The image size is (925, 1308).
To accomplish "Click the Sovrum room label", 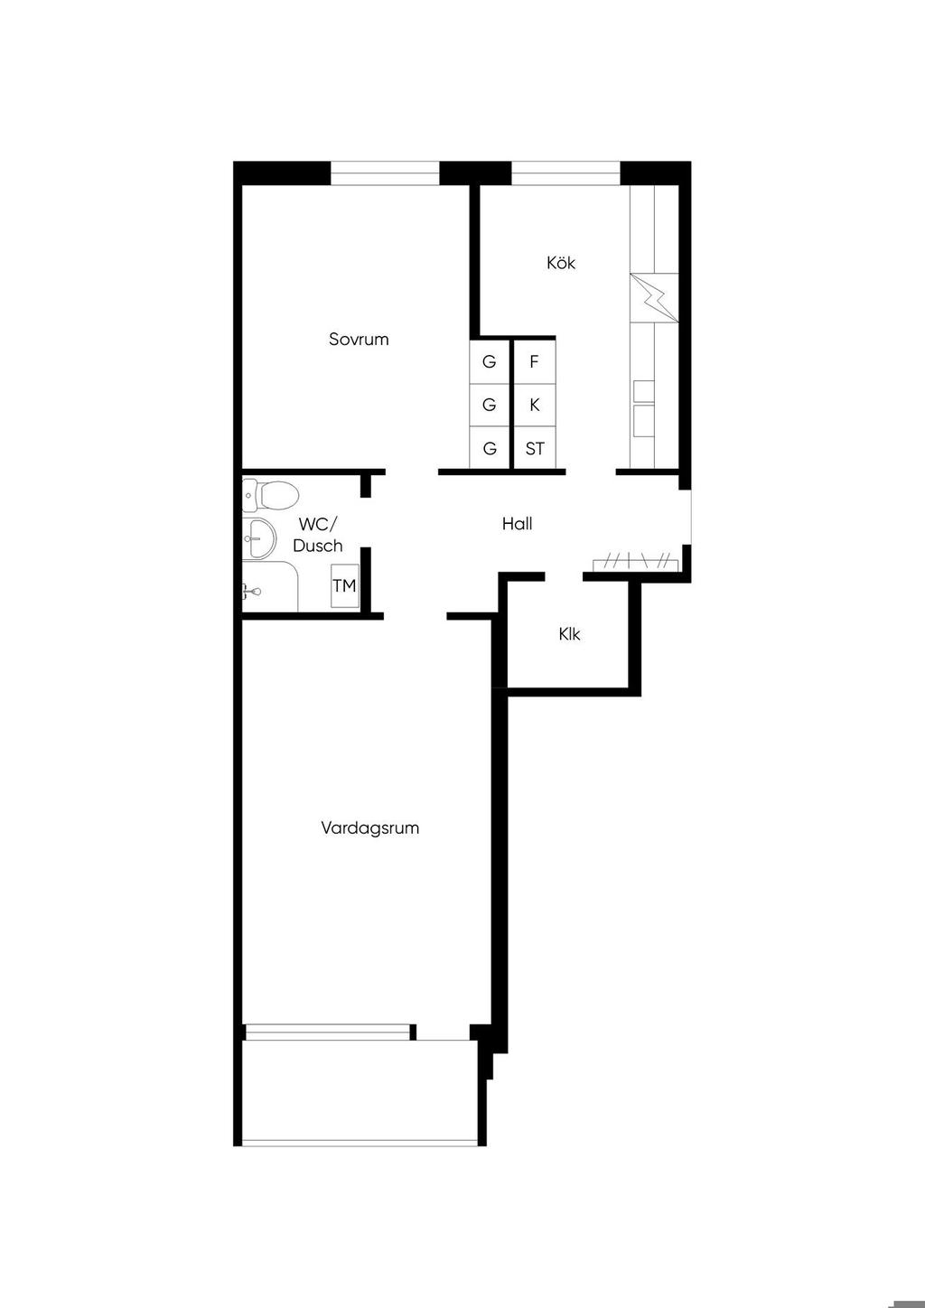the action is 359,340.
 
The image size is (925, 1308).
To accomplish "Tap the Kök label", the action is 561,263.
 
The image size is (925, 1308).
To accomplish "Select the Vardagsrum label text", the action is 369,828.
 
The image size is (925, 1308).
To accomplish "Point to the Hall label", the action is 517,524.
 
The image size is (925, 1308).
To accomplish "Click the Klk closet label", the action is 569,634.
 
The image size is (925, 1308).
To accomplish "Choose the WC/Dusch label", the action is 318,534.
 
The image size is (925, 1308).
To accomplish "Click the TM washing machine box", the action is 344,585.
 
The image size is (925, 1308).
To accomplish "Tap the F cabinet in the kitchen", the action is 534,362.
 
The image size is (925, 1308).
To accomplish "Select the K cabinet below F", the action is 534,406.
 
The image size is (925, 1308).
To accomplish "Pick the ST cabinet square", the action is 534,448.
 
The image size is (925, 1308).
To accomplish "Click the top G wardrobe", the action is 490,362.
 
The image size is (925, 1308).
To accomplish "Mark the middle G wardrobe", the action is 490,406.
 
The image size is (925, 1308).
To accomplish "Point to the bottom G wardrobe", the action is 490,448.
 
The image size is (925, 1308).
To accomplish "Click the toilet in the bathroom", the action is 270,495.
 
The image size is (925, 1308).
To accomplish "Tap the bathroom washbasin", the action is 258,537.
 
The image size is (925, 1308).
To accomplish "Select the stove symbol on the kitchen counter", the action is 654,297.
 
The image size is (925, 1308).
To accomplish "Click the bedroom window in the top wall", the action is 385,173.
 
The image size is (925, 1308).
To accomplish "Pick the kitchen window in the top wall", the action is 565,173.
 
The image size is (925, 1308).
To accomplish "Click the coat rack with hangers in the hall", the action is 636,563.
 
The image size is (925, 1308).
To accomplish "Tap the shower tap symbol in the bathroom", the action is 252,592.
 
